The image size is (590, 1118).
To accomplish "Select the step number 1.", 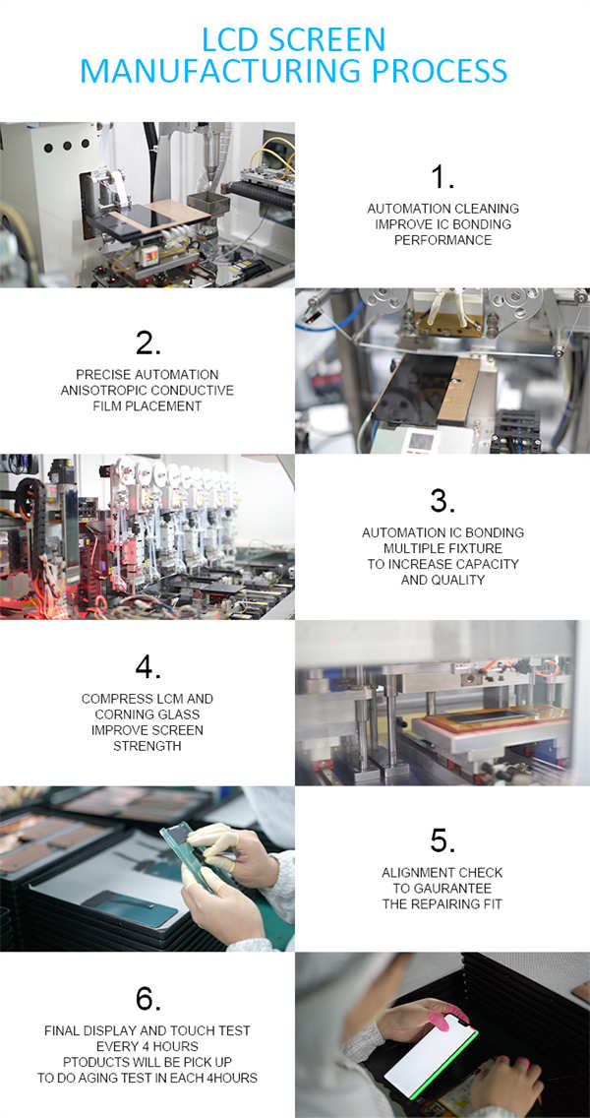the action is point(442,177).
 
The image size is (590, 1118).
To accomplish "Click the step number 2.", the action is point(147,342).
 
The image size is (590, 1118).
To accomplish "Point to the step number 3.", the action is point(442,501).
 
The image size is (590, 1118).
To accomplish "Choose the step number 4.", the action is point(147,667).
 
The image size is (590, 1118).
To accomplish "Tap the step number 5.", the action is point(442,841).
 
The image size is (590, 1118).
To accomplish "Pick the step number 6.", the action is point(147,1000).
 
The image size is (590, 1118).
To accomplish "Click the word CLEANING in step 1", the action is point(487,209).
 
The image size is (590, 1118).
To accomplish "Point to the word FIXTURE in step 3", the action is point(477,548).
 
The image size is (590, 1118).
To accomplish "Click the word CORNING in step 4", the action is point(121,714).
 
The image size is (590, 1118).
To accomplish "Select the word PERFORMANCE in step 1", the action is point(442,240).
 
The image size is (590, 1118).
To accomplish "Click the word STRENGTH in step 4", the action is point(147,746).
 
